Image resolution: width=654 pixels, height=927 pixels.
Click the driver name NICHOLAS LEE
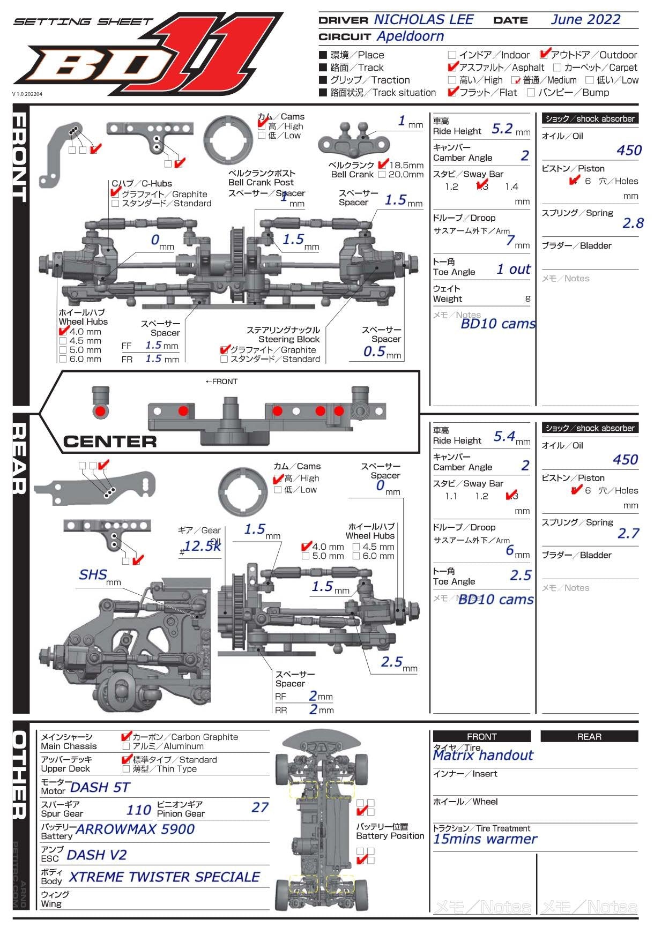pos(423,20)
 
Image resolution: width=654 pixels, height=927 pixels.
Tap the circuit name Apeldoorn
pos(410,36)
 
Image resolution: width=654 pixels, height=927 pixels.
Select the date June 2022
pos(585,20)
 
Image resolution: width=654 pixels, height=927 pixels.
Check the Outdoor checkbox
pos(545,54)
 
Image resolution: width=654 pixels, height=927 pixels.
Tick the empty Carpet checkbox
pos(557,68)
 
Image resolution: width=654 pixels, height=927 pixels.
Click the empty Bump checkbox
pos(531,93)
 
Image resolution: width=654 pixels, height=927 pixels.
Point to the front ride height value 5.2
pos(502,129)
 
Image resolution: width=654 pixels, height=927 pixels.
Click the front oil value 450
pos(629,151)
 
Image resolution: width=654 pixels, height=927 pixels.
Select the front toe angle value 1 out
pos(514,269)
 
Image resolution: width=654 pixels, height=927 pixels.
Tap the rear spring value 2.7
pos(628,533)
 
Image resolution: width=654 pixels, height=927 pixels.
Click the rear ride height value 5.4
pos(504,437)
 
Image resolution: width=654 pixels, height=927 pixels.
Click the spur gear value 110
pos(139,810)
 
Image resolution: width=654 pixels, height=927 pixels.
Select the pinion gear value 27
pos(260,808)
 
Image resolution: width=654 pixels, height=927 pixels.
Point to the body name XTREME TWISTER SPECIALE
pos(165,877)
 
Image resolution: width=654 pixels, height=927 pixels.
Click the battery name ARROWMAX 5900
pos(135,829)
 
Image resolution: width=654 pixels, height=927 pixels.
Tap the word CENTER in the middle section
pos(110,442)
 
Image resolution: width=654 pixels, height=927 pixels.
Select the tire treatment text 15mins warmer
pos(485,839)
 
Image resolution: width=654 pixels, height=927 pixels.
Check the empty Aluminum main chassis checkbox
pos(127,746)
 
